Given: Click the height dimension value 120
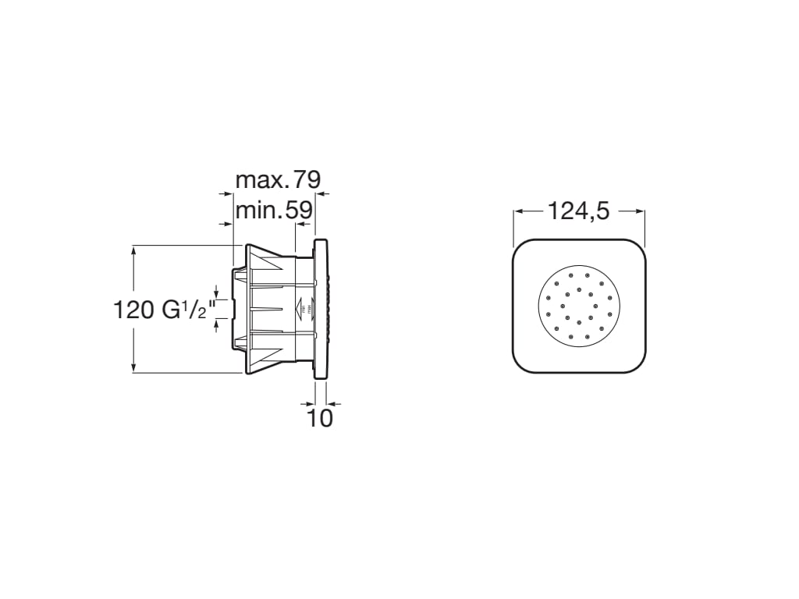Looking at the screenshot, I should [x=134, y=310].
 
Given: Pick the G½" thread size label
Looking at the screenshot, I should [x=186, y=310].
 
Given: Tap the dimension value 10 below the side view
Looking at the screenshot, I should [x=320, y=418].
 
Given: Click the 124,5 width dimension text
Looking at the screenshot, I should [x=578, y=211].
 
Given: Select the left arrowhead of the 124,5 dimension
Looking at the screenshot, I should [x=517, y=211].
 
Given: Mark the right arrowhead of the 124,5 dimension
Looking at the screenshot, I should [x=641, y=211].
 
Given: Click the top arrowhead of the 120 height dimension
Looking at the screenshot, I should [x=134, y=250].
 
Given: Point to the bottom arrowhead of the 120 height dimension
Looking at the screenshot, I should [x=134, y=368].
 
